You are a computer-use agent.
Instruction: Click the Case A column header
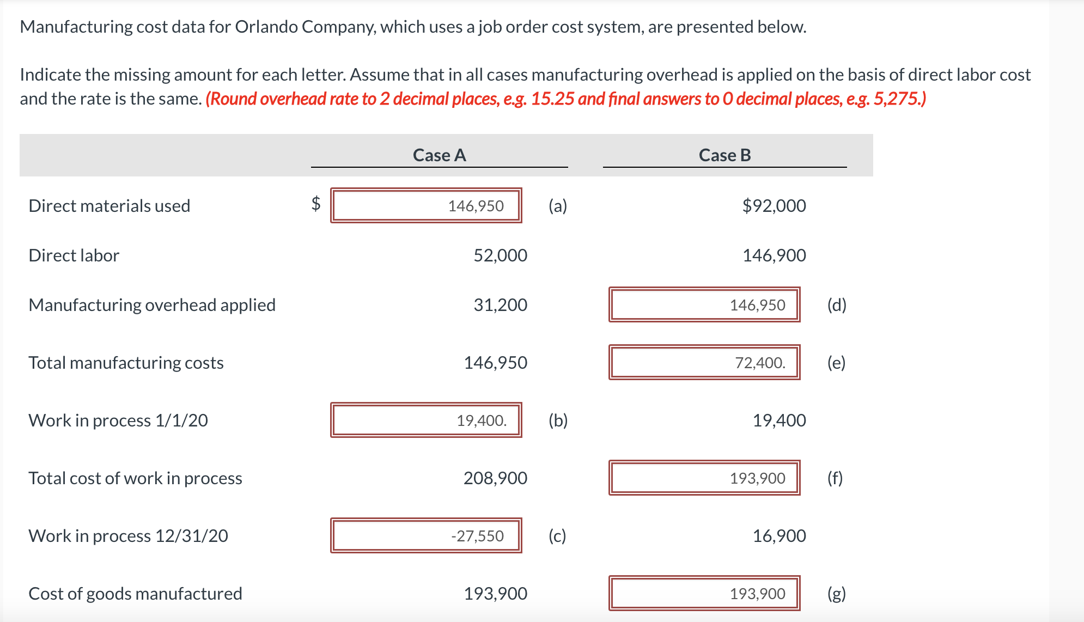click(439, 155)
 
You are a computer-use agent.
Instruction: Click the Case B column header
click(724, 155)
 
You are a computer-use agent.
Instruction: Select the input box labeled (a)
click(426, 205)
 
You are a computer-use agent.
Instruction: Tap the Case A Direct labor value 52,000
click(500, 255)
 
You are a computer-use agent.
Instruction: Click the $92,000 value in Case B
click(774, 206)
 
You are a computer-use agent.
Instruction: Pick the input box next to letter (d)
click(704, 304)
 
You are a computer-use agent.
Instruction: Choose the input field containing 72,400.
click(704, 362)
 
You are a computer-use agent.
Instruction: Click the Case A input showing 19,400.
click(426, 420)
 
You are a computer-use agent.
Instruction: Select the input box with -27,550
click(426, 535)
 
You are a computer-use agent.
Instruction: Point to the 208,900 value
click(495, 478)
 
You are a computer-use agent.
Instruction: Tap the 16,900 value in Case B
click(779, 536)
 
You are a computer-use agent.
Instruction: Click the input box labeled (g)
click(704, 593)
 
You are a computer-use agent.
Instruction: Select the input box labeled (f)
click(704, 478)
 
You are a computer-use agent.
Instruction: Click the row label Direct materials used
click(109, 206)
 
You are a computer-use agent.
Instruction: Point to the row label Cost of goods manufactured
click(135, 594)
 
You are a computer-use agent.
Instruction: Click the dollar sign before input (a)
click(316, 204)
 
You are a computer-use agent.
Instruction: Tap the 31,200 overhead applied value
click(500, 305)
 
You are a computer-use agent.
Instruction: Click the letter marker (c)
click(557, 536)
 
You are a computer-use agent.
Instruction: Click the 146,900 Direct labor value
click(774, 255)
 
